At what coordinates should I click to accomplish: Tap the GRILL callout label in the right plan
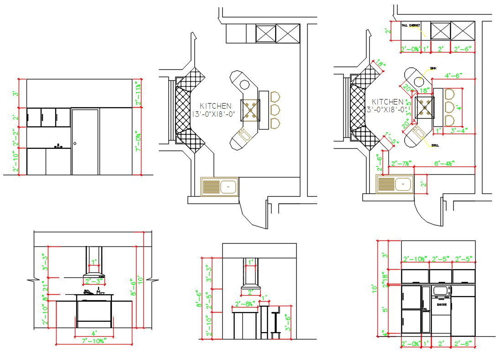tap(434, 145)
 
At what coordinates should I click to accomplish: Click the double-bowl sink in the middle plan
tap(220, 186)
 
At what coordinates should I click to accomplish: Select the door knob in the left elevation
tap(75, 144)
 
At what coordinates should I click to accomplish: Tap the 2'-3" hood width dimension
tap(94, 281)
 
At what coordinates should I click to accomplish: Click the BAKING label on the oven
tap(441, 304)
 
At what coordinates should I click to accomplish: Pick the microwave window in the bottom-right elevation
tap(440, 290)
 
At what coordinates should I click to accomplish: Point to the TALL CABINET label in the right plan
tap(411, 26)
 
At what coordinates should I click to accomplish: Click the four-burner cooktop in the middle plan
tap(249, 109)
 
